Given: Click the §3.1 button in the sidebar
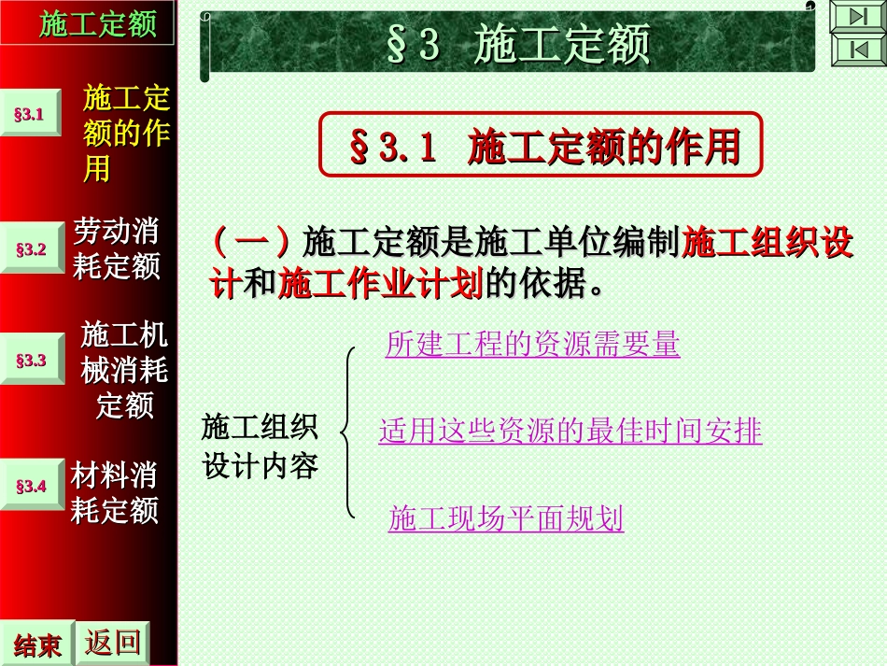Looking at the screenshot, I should point(30,114).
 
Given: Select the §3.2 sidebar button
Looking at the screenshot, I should point(30,249).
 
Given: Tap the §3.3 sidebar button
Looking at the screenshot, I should point(30,360).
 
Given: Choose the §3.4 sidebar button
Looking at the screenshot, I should point(30,486).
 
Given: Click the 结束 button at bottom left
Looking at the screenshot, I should point(37,645).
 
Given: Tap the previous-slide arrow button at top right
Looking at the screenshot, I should point(857,50).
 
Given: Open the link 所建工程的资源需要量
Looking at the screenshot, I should point(532,345).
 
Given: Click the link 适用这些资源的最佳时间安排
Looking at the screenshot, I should point(570,431).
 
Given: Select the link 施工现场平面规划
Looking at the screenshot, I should point(505,518).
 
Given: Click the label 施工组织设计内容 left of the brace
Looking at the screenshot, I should point(260,446).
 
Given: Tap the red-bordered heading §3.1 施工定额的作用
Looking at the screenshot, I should point(542,146).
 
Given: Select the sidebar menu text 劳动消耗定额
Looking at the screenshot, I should point(117,248).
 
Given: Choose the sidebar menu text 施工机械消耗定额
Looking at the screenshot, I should point(124,370).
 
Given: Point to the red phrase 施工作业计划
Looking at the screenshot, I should point(381,282).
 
